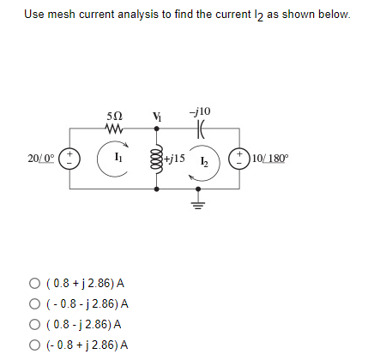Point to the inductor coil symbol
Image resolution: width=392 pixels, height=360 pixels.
click(155, 159)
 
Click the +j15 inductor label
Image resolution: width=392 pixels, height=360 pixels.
click(177, 159)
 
